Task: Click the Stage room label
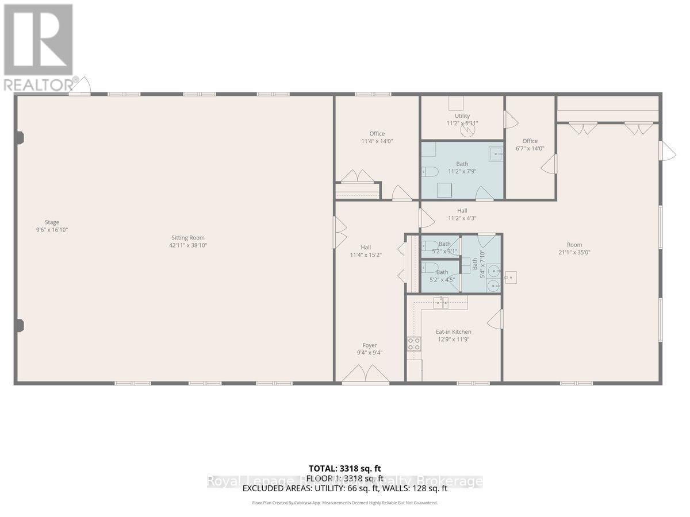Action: (52, 222)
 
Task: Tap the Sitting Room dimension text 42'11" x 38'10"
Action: (188, 245)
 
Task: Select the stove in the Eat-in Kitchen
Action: (413, 344)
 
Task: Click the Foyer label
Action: (370, 345)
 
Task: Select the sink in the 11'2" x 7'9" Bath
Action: (495, 154)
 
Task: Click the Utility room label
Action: (462, 115)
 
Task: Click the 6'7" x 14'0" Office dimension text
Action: (530, 148)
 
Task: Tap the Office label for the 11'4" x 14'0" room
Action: (377, 133)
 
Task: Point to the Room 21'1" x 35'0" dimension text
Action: (574, 252)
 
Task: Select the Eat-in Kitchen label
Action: (454, 331)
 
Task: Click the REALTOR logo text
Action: (39, 84)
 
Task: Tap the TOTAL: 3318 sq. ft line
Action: (344, 468)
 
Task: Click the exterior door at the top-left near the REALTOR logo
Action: (80, 86)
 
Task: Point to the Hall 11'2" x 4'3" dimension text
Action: (462, 218)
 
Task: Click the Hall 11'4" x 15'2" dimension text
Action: (366, 255)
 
